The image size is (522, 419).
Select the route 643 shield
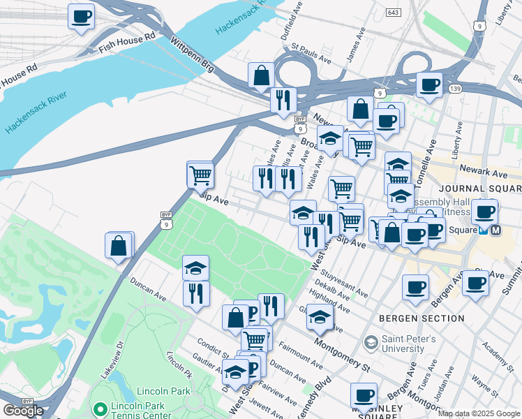click(393, 13)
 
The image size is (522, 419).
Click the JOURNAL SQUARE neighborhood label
click(480, 189)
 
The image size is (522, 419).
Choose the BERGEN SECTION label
click(422, 318)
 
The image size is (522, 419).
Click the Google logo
click(23, 411)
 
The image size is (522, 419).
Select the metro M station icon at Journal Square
click(495, 229)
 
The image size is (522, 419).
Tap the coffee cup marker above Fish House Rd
click(81, 16)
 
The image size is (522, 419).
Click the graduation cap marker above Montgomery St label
click(319, 318)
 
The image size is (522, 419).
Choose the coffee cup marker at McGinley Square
click(363, 395)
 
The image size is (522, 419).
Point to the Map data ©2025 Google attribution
click(479, 413)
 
